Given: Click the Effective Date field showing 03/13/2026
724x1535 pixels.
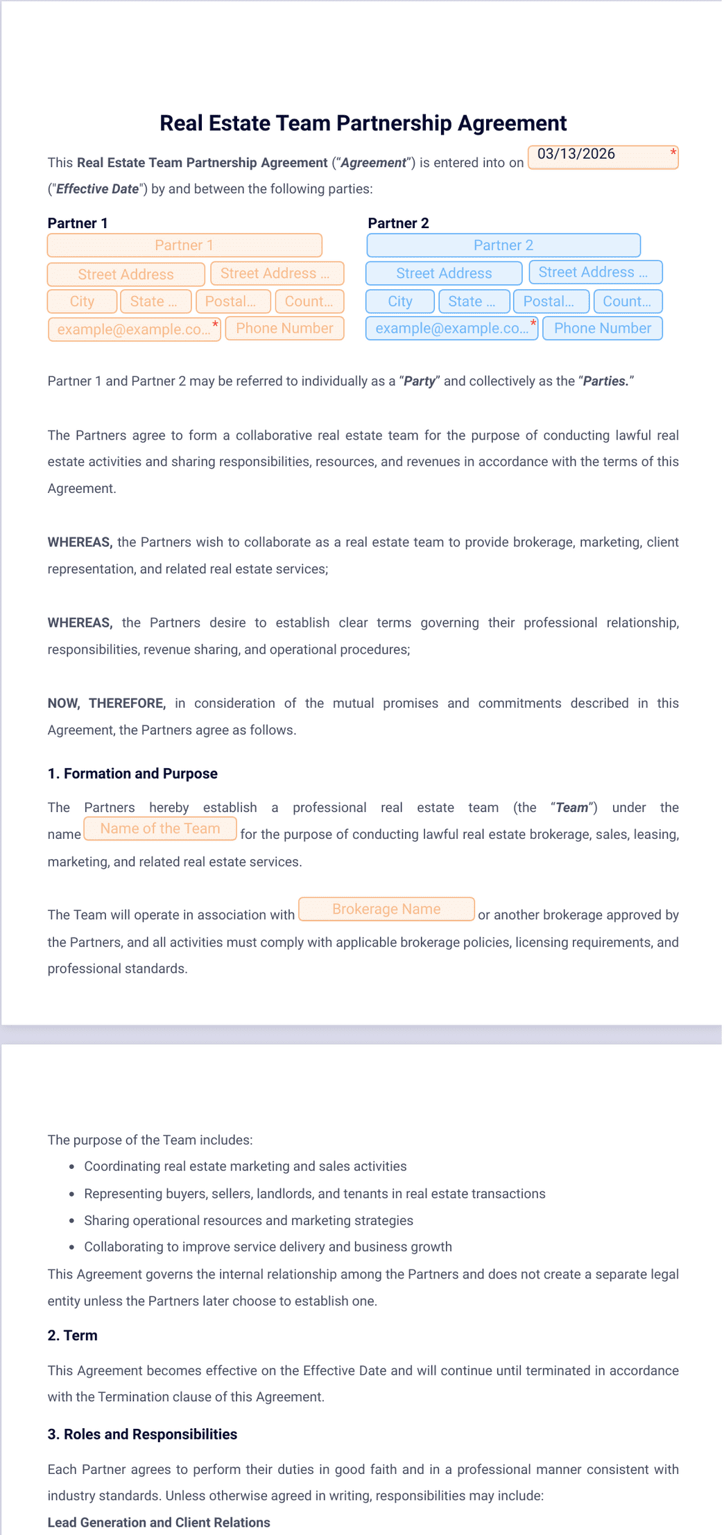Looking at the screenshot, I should pos(602,157).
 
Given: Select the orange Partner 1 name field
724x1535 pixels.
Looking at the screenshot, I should pos(184,245).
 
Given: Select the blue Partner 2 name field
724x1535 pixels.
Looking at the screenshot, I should pos(503,245).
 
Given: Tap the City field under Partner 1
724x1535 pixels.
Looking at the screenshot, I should pos(82,302).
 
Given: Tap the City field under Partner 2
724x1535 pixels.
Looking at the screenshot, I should pos(400,302).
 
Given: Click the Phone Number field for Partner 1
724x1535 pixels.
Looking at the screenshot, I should pos(284,329).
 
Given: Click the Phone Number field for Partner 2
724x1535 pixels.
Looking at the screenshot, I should pos(602,329).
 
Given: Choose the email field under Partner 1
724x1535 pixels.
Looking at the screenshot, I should pos(134,329).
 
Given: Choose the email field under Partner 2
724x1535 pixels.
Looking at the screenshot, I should pos(451,329).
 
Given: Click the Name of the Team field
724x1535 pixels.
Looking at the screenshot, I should pos(160,829).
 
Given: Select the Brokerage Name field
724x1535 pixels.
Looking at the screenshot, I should pos(386,909).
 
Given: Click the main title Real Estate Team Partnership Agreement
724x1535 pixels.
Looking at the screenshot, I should pos(363,123).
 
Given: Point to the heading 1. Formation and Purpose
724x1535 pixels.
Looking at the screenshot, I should pos(132,774).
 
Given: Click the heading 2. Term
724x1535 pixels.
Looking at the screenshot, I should pos(72,1335).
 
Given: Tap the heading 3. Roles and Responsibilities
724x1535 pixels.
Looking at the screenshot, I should pos(142,1434).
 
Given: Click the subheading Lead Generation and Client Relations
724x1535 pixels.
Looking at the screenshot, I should pos(159,1523).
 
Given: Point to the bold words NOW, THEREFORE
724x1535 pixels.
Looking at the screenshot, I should pos(107,703).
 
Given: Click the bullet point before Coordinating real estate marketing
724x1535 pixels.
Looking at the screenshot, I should pos(72,1167).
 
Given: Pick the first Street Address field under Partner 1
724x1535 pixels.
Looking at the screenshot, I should pos(126,275).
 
